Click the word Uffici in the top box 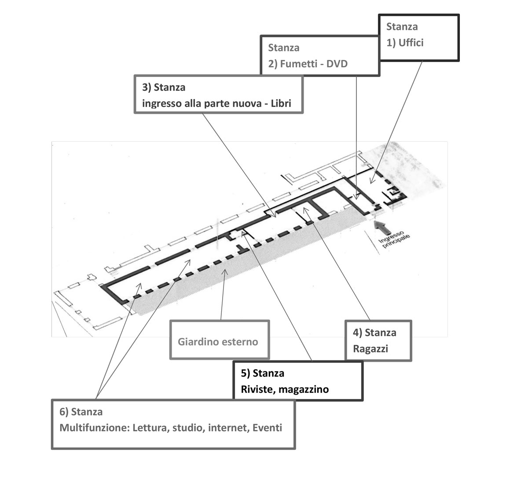tap(411, 43)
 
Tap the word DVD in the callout tap(337, 64)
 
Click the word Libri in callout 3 tap(281, 103)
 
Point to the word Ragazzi tap(370, 349)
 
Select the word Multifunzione tap(95, 428)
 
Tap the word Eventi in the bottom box tap(267, 428)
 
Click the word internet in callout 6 tap(229, 428)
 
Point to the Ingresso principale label tap(394, 239)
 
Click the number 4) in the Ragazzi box tap(357, 333)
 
